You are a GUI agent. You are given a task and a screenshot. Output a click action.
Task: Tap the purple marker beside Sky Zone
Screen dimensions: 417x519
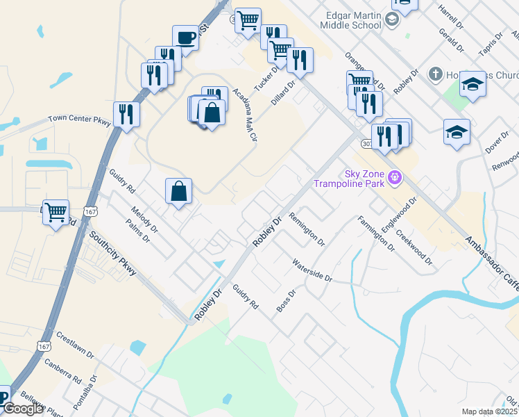pyautogui.click(x=395, y=178)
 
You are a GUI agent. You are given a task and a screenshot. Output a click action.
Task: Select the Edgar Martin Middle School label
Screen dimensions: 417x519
pyautogui.click(x=350, y=20)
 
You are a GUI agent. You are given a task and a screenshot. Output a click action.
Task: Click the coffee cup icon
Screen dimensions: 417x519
pyautogui.click(x=185, y=38)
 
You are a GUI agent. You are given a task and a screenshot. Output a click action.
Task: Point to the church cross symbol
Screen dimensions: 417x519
pyautogui.click(x=435, y=74)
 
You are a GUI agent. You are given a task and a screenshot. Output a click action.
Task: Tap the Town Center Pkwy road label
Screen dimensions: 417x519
pyautogui.click(x=79, y=120)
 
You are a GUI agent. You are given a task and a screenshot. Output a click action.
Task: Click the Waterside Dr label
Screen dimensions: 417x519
pyautogui.click(x=312, y=270)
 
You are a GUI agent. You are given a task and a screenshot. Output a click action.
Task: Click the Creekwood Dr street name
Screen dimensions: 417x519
pyautogui.click(x=414, y=245)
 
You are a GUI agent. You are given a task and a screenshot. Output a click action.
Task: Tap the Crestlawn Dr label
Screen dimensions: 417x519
pyautogui.click(x=75, y=343)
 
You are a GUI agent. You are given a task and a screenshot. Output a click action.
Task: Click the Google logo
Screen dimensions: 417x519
pyautogui.click(x=23, y=409)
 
